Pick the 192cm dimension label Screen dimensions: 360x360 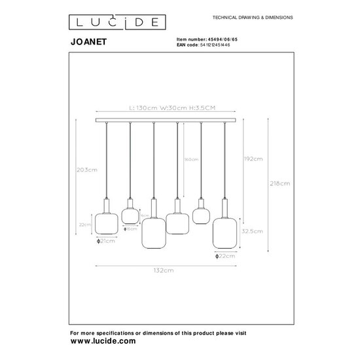[253, 159]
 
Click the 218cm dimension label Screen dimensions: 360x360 [279, 184]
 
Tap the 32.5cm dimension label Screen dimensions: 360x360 [253, 230]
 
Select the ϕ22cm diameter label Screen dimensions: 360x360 [224, 257]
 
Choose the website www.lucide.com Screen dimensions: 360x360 [103, 341]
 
